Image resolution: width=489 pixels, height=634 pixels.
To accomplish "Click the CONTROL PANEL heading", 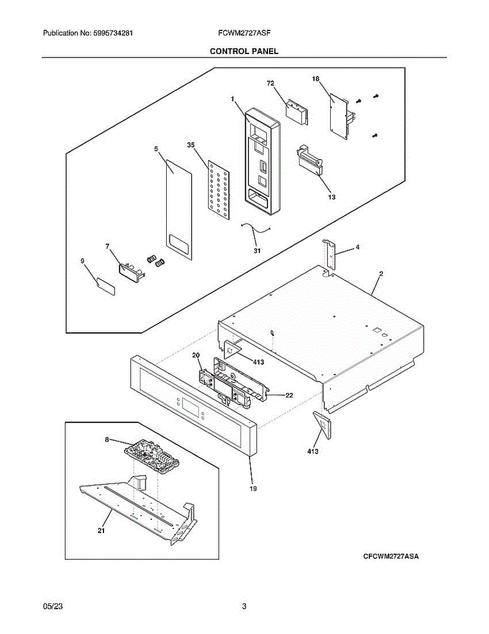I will click(244, 51).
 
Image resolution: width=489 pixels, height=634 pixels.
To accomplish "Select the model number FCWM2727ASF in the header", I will click(244, 33).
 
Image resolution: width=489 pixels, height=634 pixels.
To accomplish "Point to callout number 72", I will click(271, 83).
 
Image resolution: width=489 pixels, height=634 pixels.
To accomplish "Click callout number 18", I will click(315, 79).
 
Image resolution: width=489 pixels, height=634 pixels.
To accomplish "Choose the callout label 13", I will click(331, 197).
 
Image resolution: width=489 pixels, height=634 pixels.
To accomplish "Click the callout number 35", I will click(191, 144).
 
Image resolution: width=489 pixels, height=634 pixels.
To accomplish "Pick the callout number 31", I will click(257, 250).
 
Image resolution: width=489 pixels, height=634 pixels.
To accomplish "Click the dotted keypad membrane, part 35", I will click(218, 188).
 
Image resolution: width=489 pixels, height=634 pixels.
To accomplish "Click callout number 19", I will click(253, 489).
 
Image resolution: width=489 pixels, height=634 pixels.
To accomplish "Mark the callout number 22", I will click(290, 395).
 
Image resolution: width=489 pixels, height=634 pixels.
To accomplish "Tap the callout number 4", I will click(357, 247).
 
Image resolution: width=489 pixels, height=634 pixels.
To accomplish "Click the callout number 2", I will click(381, 274).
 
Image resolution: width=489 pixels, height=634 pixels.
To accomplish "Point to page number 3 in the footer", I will click(244, 607).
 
